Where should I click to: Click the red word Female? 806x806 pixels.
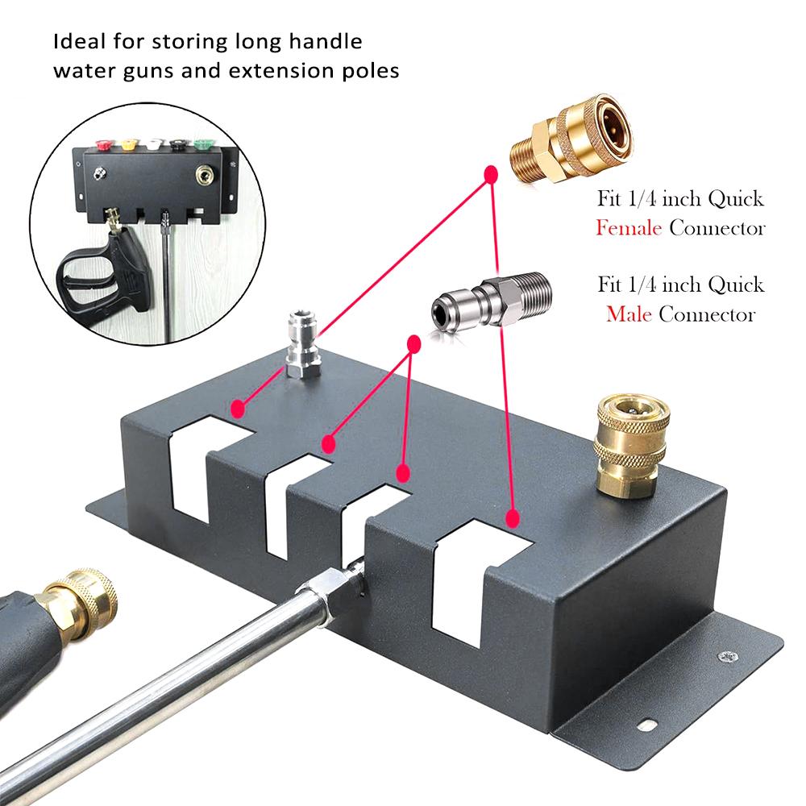point(629,228)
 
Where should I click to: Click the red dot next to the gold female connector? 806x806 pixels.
point(489,172)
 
